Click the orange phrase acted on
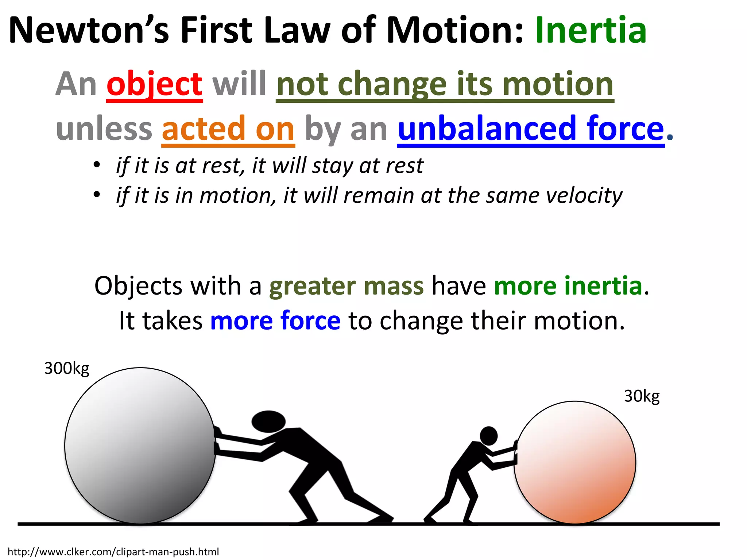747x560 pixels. pos(228,129)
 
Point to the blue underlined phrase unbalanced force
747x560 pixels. pos(531,129)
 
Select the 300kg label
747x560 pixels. pos(67,369)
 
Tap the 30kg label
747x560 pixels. pos(642,396)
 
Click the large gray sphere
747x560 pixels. pos(140,446)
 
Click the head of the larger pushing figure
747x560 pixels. pos(268,421)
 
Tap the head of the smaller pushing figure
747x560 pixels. pos(488,435)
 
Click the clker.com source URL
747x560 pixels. pos(113,552)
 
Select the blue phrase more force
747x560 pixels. pos(275,321)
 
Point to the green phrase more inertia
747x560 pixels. pos(568,286)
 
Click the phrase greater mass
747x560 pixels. pos(347,286)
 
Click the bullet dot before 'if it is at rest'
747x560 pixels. pos(96,165)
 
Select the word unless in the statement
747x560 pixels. pos(104,129)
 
